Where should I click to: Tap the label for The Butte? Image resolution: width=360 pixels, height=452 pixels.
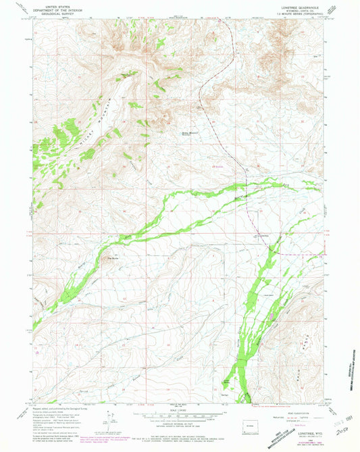[114, 255]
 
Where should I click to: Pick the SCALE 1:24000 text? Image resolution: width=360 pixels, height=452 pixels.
[180, 411]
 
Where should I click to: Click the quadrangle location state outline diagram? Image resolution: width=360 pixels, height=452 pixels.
[247, 428]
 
